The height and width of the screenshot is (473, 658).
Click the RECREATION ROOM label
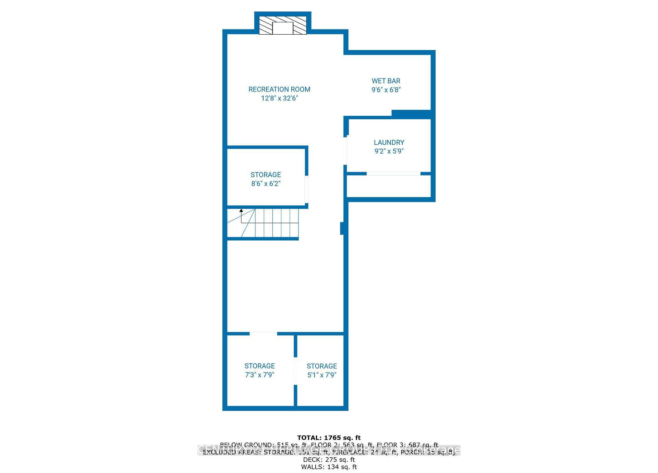[279, 89]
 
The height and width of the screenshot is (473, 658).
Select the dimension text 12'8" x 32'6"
[280, 98]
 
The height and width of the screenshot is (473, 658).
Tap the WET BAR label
[386, 81]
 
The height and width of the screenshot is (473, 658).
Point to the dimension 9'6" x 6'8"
[386, 90]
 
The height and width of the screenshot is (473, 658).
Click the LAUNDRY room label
[389, 142]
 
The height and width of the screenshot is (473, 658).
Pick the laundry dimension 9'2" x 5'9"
[389, 151]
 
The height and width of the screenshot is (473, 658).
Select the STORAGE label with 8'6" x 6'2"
[266, 174]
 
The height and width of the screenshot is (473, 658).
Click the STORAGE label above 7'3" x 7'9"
[259, 366]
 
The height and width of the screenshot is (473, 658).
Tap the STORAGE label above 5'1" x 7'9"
[321, 366]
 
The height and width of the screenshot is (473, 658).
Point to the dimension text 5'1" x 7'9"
[321, 375]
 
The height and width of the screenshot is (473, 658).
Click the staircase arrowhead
[241, 210]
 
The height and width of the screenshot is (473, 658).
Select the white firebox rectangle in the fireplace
[283, 28]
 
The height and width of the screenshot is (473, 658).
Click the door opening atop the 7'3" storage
[263, 333]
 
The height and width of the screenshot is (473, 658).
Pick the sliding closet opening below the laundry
[393, 174]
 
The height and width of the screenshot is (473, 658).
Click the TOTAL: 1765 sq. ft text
[329, 438]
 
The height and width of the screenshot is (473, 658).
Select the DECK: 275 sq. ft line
[329, 460]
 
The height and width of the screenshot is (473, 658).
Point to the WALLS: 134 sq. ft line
[329, 467]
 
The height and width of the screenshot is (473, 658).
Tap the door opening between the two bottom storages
[295, 371]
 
